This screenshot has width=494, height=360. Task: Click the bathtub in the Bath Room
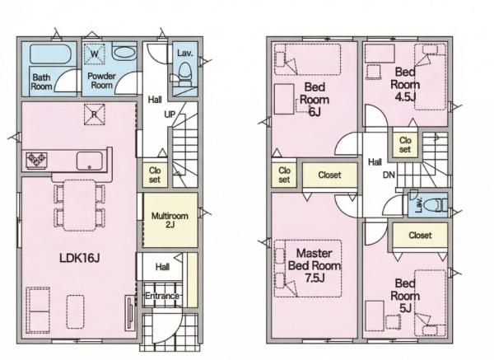(x=51, y=54)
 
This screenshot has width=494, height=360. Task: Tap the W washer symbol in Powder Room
(x=94, y=54)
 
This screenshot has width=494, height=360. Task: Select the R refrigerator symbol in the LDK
(x=94, y=115)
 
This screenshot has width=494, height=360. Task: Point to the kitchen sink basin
(x=90, y=161)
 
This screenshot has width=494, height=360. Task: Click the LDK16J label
(x=80, y=259)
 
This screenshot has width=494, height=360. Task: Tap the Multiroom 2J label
(x=170, y=220)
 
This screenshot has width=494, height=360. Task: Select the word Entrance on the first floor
(x=162, y=296)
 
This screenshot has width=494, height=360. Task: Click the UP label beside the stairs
(x=170, y=115)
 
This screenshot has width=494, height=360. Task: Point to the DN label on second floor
(x=389, y=175)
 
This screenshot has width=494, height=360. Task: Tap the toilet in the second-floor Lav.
(x=435, y=205)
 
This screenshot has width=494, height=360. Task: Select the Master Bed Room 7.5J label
(x=315, y=265)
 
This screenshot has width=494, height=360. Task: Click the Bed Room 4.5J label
(x=405, y=84)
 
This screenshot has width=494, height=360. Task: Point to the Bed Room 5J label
(x=405, y=296)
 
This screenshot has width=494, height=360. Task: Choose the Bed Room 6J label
(x=315, y=99)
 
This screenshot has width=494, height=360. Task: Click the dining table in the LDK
(x=80, y=205)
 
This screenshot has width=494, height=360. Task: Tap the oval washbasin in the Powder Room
(x=124, y=53)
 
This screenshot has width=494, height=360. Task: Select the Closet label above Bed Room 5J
(x=420, y=235)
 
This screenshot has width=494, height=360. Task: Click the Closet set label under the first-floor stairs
(x=155, y=175)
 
